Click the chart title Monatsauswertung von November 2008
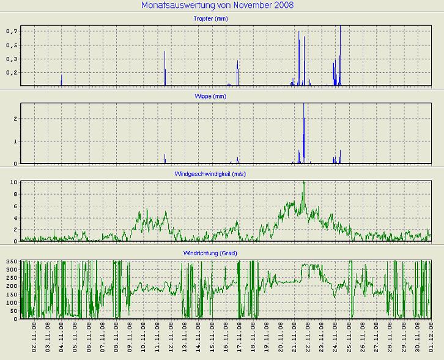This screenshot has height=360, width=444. pyautogui.click(x=217, y=6)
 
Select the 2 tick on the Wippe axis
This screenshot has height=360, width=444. pyautogui.click(x=16, y=118)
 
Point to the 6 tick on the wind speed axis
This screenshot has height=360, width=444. pyautogui.click(x=16, y=206)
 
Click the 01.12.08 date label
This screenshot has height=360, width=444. pyautogui.click(x=431, y=338)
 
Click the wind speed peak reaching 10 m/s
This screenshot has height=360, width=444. pyautogui.click(x=304, y=183)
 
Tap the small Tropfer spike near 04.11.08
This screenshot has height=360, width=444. pyautogui.click(x=62, y=80)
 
